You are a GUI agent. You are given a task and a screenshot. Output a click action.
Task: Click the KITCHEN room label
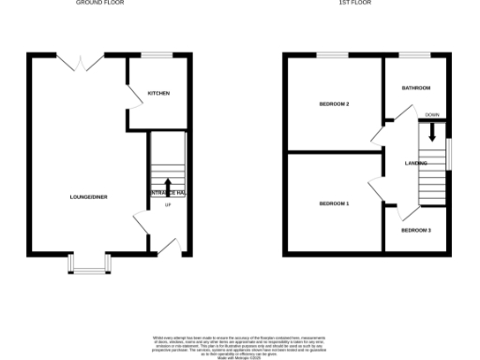point(157,94)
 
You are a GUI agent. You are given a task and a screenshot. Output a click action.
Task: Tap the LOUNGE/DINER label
point(88,197)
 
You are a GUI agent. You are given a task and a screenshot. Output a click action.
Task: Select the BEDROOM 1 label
point(334,203)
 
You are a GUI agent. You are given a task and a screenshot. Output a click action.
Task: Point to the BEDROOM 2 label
point(334,104)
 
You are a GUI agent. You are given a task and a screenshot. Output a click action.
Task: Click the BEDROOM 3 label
point(415,230)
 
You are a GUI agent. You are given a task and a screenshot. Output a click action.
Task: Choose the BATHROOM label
point(415,88)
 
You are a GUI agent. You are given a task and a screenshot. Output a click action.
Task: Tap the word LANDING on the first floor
point(416,163)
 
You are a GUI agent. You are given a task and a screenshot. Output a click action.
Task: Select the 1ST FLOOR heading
point(356,4)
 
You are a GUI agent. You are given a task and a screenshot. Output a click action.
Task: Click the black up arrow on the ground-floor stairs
point(168,187)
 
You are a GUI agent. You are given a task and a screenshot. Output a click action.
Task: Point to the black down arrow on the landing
point(432,133)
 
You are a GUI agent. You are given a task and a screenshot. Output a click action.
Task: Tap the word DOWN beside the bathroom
point(431,114)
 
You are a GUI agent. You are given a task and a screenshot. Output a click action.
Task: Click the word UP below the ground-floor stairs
point(168,205)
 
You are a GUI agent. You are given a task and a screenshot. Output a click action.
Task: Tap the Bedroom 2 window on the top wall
point(332,57)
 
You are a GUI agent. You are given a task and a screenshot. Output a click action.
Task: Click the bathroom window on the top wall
point(415,57)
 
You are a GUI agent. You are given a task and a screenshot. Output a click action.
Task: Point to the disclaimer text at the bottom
point(239,342)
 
